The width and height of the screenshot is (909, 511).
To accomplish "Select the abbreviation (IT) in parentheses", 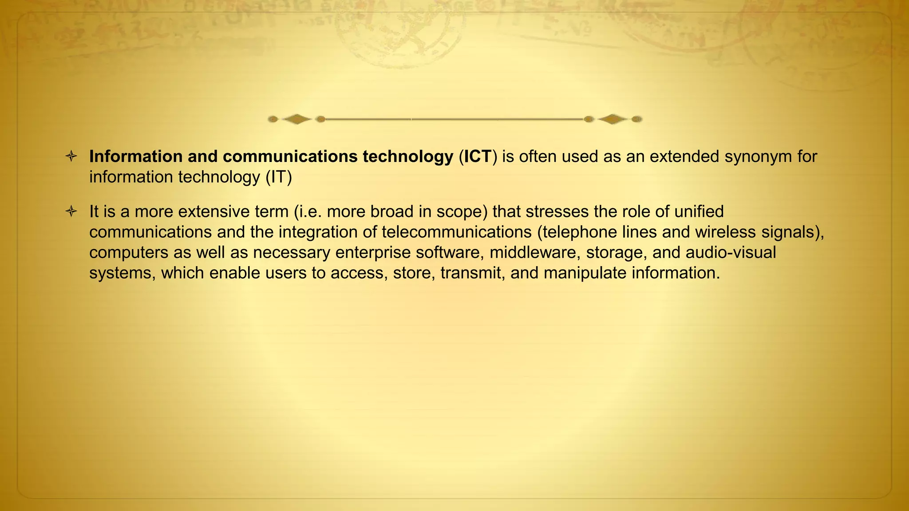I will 279,177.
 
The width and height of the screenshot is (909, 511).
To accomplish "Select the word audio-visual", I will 731,252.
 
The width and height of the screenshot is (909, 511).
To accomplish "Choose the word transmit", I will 473,273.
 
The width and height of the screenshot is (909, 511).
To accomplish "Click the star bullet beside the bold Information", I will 71,156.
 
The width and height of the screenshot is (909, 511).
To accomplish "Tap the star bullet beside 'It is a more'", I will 71,211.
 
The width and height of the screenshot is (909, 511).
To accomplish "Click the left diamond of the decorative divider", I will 296,119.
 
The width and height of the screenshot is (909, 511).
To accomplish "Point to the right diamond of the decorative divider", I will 613,119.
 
